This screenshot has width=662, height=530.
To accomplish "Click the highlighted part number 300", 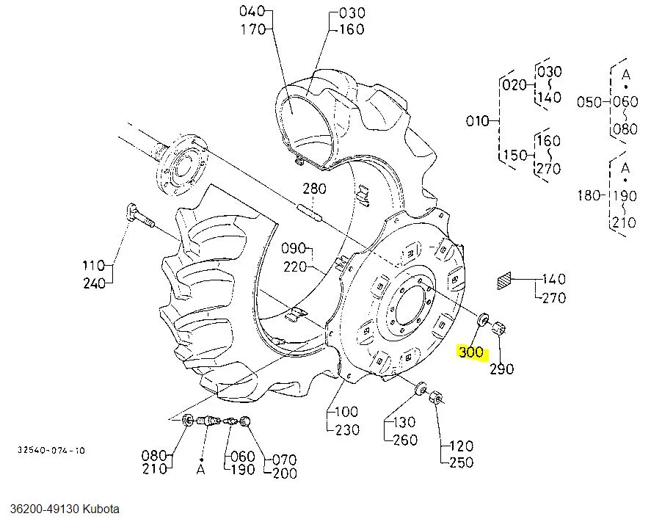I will pos(471,352).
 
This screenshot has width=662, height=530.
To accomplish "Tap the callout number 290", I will pos(502,369).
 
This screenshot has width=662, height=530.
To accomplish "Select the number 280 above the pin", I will pos(314,189).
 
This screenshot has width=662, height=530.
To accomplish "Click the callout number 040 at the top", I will pos(251,12).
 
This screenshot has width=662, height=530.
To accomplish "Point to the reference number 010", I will pos(478,120).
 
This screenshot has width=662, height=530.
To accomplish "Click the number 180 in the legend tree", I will pos(589,195).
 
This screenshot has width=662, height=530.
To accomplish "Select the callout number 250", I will pos(461,462).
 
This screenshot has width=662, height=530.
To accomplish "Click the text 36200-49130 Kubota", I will pos(65,509).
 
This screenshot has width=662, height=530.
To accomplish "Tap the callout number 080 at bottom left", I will pos(154,455).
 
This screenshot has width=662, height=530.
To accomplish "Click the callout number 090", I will pos(294,248).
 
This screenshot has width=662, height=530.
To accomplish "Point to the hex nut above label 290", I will pos(501,328).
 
